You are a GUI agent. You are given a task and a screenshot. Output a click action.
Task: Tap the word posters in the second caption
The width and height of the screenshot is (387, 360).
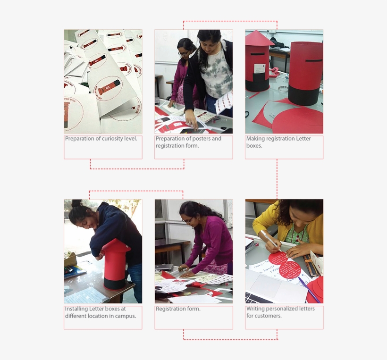[201, 139]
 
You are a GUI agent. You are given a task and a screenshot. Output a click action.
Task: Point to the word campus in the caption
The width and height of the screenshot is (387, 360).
[126, 316]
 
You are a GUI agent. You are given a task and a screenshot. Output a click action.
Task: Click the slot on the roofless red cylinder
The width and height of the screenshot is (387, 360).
[314, 60]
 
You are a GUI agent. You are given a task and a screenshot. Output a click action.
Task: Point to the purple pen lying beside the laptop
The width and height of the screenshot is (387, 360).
[309, 289]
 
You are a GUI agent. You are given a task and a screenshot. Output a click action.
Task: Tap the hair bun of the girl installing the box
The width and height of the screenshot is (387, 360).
[76, 204]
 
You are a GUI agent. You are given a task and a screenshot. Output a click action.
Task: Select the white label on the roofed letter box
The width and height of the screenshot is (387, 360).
[259, 68]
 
